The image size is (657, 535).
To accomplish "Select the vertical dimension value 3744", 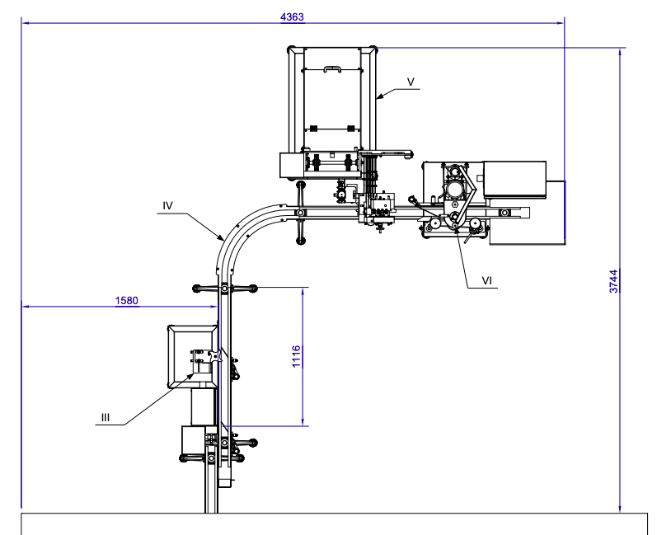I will tap(613, 281).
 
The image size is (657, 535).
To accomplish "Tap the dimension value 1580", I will tap(126, 300).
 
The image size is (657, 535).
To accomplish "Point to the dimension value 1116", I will tap(296, 355).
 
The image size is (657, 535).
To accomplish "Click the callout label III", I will tap(106, 417).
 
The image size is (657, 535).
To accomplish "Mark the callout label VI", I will tap(487, 280).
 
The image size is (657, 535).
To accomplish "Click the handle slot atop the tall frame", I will tap(332, 69).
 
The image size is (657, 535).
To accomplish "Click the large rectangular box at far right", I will tap(515, 179).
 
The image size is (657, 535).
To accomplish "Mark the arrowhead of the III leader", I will tap(196, 375).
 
